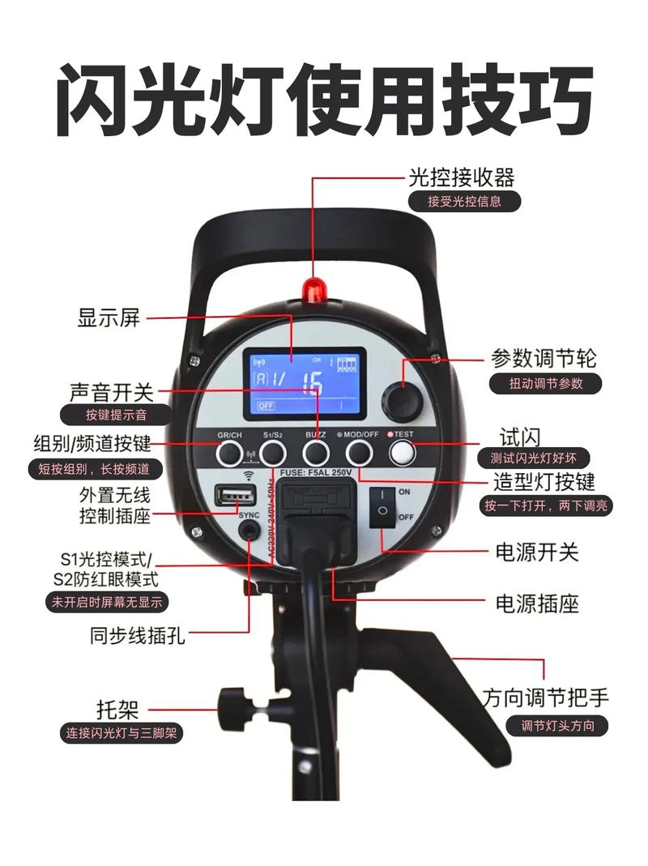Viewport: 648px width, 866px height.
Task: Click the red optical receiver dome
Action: coord(313,288)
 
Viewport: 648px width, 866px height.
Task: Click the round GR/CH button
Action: coord(229,454)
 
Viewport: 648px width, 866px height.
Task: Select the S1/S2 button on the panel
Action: coord(273,454)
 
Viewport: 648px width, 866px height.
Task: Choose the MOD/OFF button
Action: coord(358,454)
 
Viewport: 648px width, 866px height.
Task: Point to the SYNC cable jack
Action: coord(249,531)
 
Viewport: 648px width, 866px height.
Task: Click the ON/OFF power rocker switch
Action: coord(382,504)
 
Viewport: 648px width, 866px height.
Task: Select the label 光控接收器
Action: coord(462,176)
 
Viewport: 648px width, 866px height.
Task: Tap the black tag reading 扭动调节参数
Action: coord(545,383)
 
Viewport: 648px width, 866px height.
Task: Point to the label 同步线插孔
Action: coord(138,636)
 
